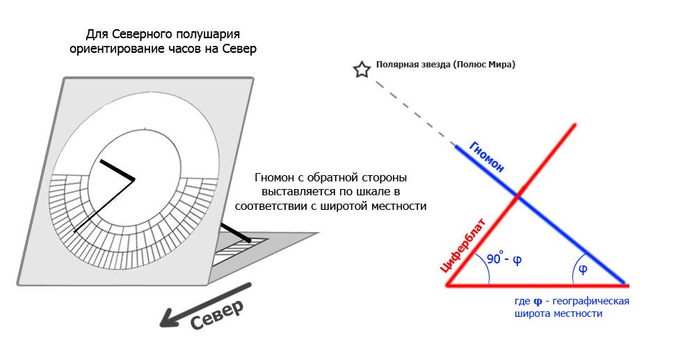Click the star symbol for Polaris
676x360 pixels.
pos(361,69)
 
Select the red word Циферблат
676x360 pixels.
pos(463,245)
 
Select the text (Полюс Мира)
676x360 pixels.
pos(484,65)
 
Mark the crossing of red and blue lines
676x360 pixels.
pos(517,197)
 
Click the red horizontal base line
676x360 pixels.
pos(536,285)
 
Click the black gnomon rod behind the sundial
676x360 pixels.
pos(236,232)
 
